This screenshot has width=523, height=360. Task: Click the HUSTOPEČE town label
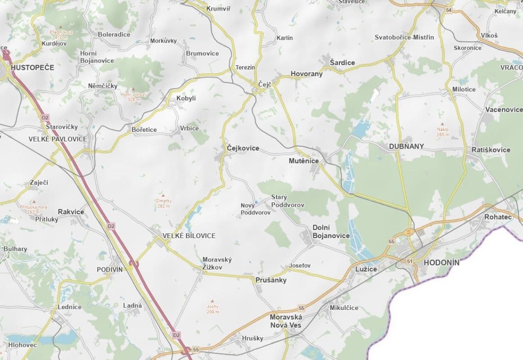32,67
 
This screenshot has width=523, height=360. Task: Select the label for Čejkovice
243,148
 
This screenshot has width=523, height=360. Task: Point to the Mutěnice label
304,161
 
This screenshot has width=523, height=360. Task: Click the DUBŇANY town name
406,146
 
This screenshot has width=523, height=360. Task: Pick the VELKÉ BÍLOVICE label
189,236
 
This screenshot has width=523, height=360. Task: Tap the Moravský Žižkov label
217,263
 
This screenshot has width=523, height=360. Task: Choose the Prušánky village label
271,280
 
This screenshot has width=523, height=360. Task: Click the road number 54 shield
448,10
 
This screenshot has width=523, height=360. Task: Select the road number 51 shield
409,261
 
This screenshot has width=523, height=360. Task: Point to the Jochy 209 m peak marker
213,301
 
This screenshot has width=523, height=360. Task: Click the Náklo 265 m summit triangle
443,124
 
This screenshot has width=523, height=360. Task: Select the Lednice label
69,307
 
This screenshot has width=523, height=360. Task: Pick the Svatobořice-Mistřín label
404,37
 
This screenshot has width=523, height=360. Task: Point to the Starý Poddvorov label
288,201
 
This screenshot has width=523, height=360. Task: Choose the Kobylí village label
186,98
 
